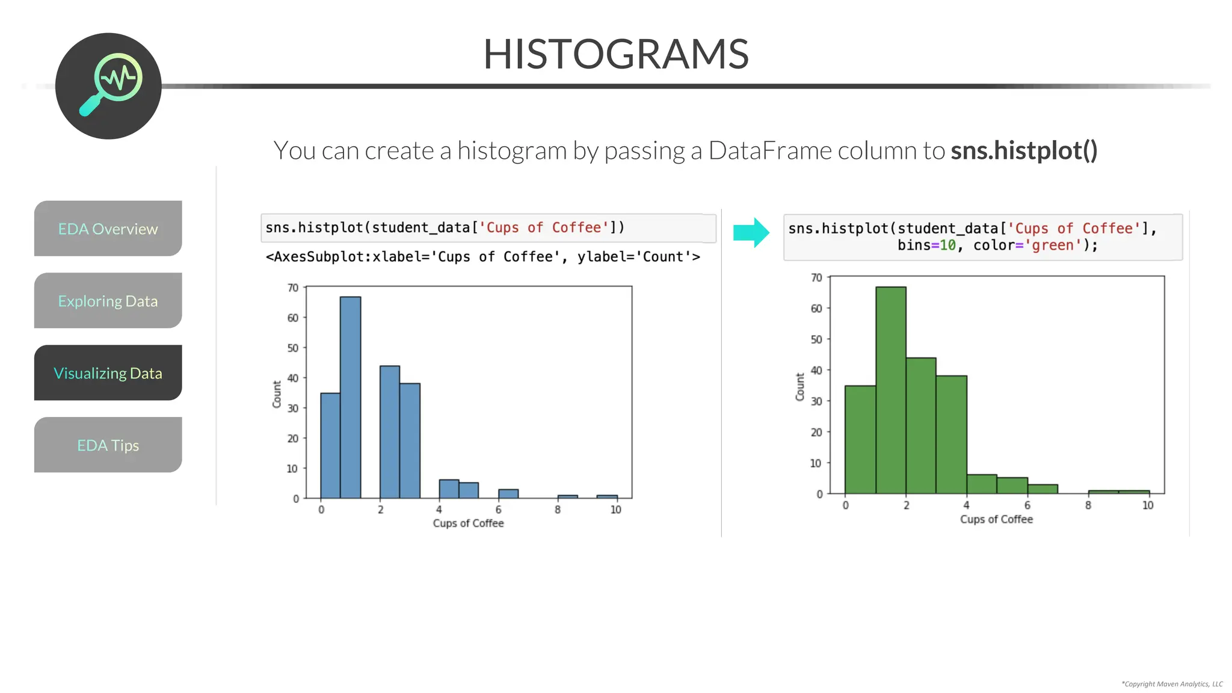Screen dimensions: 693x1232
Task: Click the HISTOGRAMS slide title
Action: [x=615, y=54]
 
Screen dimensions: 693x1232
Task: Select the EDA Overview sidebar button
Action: [x=108, y=229]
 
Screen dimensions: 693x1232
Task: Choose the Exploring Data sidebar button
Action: [x=108, y=301]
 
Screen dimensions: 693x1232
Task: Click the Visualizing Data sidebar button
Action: [x=108, y=373]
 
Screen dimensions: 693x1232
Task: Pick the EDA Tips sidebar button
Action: [x=108, y=445]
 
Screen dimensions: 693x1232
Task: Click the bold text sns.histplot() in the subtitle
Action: [x=1024, y=150]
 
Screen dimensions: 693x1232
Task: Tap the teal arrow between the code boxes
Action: [x=751, y=232]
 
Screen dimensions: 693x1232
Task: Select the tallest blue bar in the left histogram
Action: [x=350, y=397]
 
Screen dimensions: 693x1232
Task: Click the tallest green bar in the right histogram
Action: [x=890, y=391]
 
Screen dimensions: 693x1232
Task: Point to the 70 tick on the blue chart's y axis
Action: [x=293, y=288]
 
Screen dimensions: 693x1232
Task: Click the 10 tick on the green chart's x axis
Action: [x=1148, y=505]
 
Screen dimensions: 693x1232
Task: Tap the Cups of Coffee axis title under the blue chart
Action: [x=468, y=523]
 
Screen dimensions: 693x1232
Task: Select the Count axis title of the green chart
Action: [x=800, y=387]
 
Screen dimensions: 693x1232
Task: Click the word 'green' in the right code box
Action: [x=1056, y=245]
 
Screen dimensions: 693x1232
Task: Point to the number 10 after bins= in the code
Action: [x=947, y=245]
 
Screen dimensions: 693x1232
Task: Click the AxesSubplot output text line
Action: [x=482, y=257]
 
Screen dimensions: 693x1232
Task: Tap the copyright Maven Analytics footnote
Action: [x=1171, y=684]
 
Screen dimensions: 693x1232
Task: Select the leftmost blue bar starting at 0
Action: [x=330, y=445]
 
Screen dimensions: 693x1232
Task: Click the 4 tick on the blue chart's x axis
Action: [x=439, y=510]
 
